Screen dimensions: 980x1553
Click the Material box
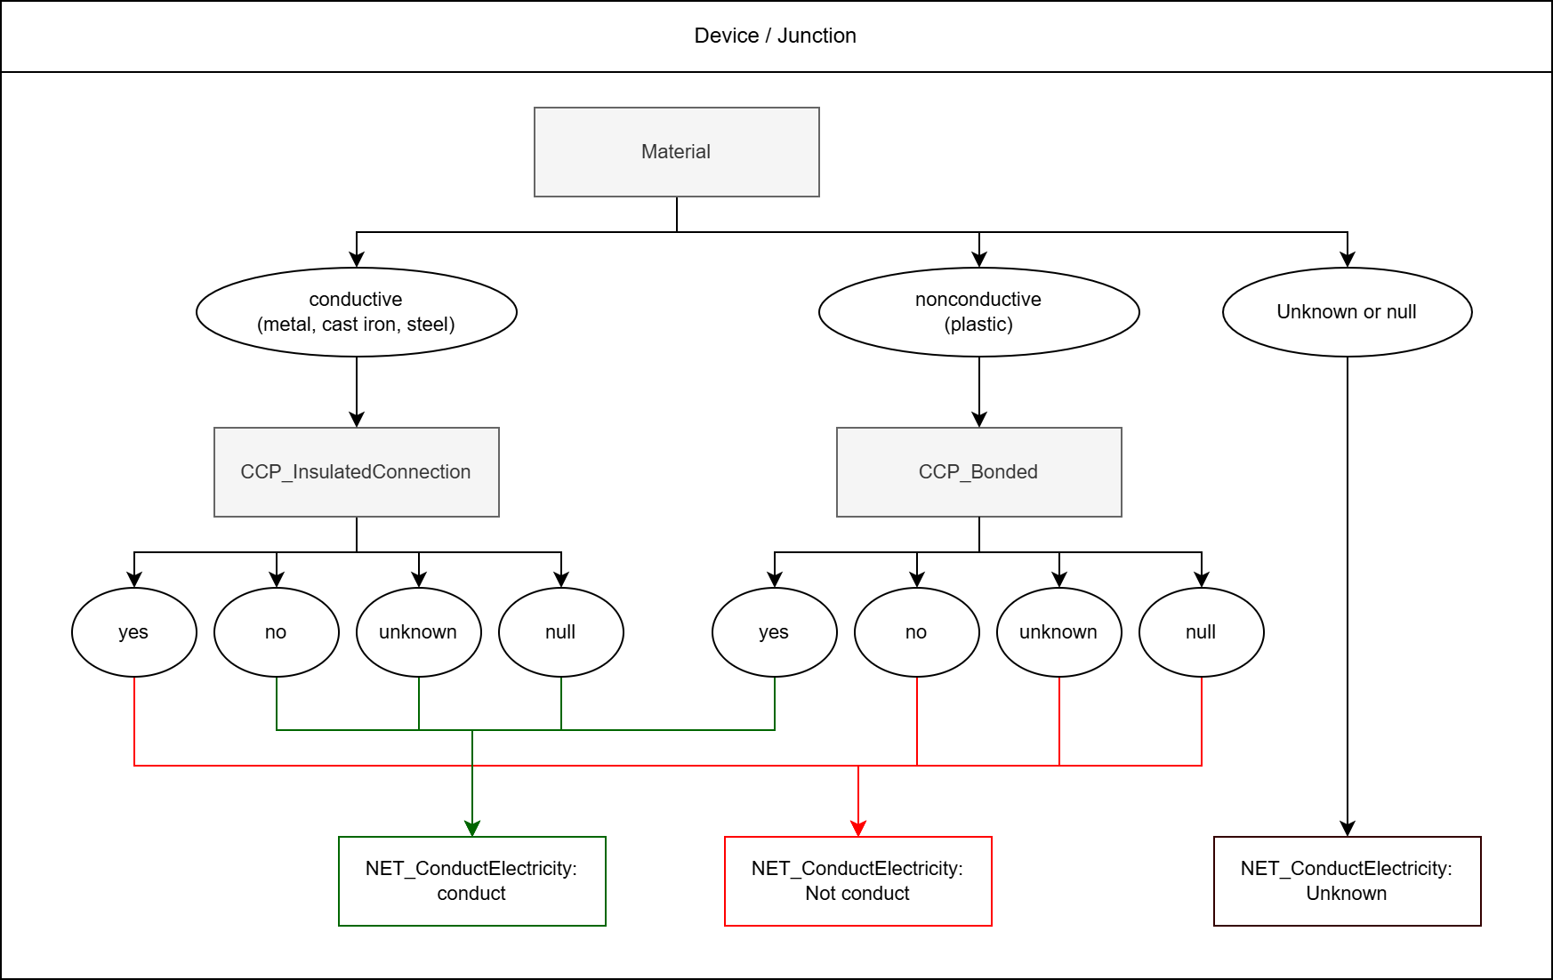[x=676, y=152]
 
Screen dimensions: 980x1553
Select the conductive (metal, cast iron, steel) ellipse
[x=356, y=312]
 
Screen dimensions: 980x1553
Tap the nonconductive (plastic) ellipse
[x=978, y=312]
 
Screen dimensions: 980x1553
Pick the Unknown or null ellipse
[x=1347, y=312]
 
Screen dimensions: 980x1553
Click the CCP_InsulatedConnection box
[x=356, y=472]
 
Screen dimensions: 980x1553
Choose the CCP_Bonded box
[x=978, y=472]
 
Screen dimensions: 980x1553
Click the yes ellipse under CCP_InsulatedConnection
[x=133, y=632]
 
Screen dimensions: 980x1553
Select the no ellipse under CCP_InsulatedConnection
[x=276, y=632]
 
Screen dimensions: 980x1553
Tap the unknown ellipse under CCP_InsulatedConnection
[x=418, y=632]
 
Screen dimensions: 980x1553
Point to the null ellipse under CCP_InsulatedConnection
[x=560, y=632]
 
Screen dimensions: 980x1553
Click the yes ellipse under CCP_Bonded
[x=774, y=632]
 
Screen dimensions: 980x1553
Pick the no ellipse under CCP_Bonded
[x=916, y=632]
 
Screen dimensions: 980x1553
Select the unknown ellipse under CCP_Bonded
[x=1058, y=632]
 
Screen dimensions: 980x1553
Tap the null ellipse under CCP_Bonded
[x=1201, y=632]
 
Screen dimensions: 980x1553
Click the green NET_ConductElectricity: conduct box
[x=471, y=881]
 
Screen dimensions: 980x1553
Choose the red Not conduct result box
[x=857, y=881]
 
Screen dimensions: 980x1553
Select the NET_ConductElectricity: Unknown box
[x=1347, y=881]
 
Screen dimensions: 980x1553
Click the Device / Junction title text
[x=775, y=36]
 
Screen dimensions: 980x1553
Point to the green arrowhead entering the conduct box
[x=472, y=829]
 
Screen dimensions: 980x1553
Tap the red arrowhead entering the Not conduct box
[x=858, y=829]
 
